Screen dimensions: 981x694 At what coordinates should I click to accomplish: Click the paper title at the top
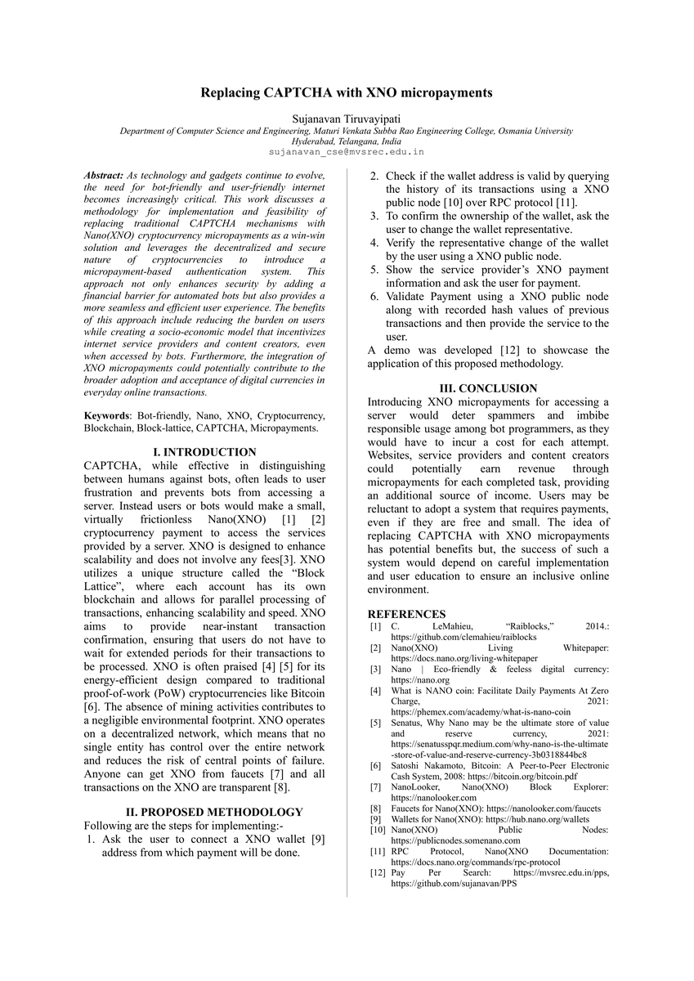(347, 92)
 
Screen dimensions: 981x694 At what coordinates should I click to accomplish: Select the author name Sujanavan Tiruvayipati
(347, 119)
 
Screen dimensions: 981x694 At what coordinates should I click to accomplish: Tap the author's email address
(347, 151)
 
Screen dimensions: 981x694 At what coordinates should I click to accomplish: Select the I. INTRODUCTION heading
(204, 452)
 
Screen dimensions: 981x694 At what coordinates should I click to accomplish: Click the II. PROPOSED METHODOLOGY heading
(204, 812)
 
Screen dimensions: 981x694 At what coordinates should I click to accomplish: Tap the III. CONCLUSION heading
(488, 388)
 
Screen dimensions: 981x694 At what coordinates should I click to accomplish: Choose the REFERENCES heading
(406, 614)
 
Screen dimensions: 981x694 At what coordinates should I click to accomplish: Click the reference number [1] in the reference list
(374, 626)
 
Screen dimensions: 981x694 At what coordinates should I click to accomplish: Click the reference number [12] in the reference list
(376, 873)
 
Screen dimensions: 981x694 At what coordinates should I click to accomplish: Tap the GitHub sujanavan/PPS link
(458, 884)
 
